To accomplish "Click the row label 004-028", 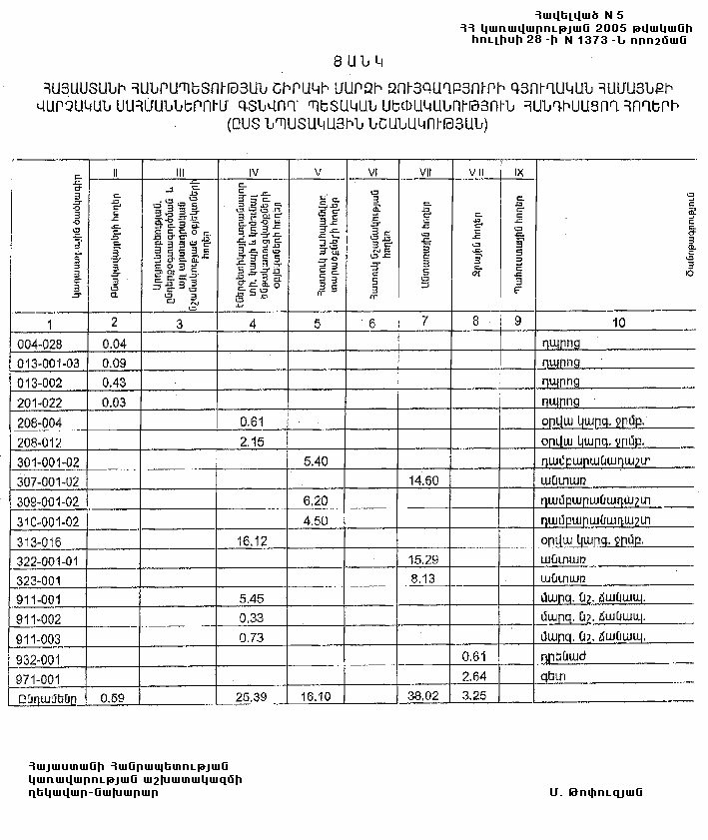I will [x=42, y=344].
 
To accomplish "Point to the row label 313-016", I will [x=41, y=540].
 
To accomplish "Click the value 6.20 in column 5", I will [x=316, y=500].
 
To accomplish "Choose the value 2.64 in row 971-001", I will [x=475, y=676].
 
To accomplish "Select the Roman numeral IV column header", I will [x=252, y=172].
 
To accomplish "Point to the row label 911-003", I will [x=41, y=637].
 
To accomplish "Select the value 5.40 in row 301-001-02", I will [x=316, y=461].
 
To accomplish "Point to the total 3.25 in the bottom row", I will [x=475, y=696].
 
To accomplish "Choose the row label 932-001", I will [x=41, y=657].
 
